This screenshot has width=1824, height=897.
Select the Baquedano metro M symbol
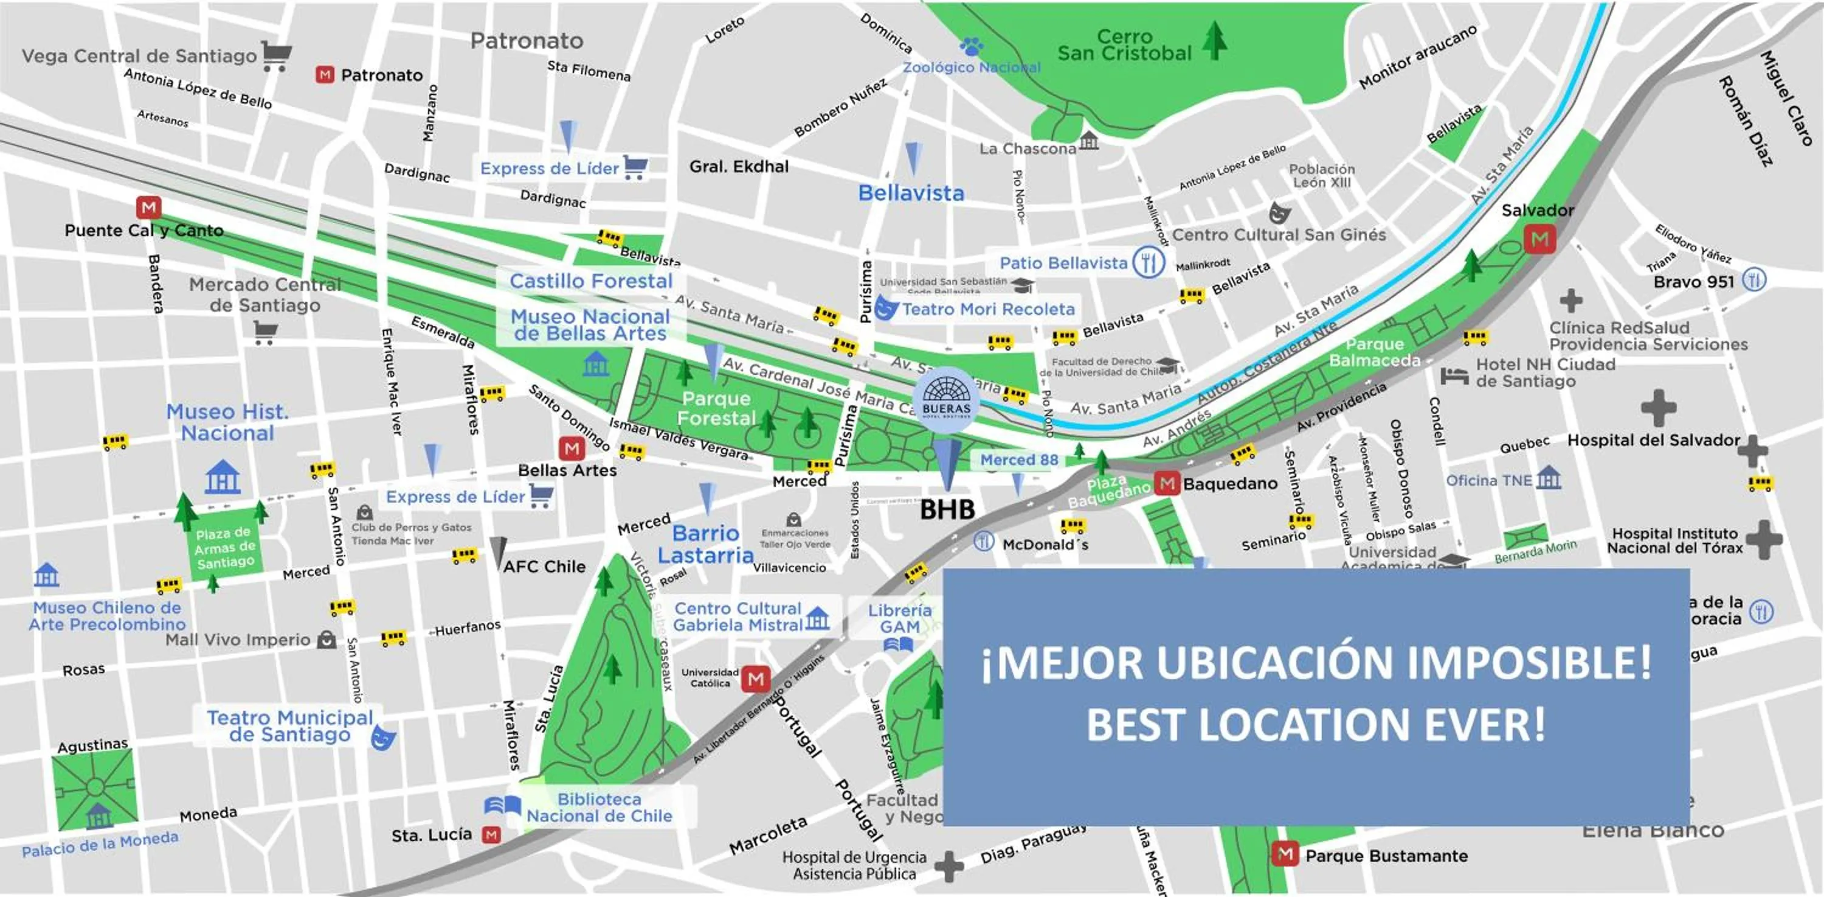[x=1166, y=484]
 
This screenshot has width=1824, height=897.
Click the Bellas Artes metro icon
[x=572, y=448]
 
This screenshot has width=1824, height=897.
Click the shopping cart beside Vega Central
[x=276, y=55]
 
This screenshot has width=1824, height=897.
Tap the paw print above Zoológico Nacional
[x=972, y=47]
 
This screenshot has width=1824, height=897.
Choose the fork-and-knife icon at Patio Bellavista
[x=1148, y=263]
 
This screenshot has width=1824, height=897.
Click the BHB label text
[x=947, y=509]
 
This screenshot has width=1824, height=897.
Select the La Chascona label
[x=1028, y=149]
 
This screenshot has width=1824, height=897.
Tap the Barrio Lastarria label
[x=705, y=544]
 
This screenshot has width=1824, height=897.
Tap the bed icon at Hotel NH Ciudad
[x=1454, y=375]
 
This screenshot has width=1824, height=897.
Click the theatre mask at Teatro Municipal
[x=383, y=737]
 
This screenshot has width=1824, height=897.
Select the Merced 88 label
[x=1019, y=460]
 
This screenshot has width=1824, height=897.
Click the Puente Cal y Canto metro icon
[x=149, y=208]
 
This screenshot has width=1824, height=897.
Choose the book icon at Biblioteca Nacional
[x=502, y=806]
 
